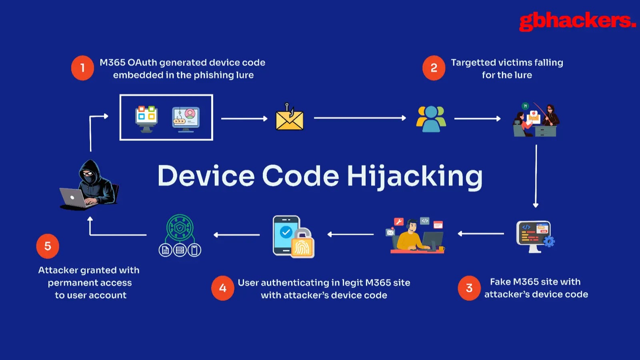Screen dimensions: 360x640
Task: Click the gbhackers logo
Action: point(577,21)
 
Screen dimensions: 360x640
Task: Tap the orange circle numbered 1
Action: point(82,68)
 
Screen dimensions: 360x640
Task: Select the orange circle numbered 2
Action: point(434,68)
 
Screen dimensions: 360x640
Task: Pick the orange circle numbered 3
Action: point(469,288)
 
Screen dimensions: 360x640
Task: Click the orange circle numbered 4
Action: point(223,288)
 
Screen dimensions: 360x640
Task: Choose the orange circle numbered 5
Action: point(48,246)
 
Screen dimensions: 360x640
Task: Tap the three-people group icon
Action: point(431,119)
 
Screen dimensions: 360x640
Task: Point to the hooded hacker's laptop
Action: point(74,198)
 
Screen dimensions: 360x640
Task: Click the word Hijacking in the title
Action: point(414,176)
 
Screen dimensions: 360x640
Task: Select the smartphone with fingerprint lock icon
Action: point(293,237)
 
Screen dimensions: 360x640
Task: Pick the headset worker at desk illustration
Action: point(416,236)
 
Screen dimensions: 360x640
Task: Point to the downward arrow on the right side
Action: point(536,176)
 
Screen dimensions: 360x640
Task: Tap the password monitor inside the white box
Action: point(186,119)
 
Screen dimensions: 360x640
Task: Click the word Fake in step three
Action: point(500,282)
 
